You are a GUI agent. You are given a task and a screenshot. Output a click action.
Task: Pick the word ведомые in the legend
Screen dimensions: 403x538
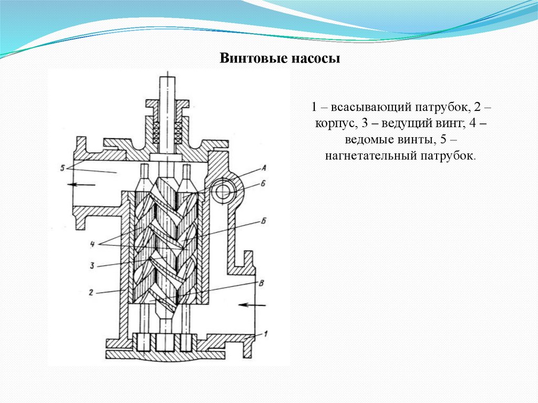(x=367, y=140)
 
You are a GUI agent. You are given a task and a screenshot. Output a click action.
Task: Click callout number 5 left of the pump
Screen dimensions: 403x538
(x=62, y=168)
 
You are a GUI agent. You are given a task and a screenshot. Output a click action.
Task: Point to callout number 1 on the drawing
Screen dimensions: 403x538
(x=266, y=333)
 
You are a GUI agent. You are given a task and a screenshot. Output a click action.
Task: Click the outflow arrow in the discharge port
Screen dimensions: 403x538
(x=80, y=184)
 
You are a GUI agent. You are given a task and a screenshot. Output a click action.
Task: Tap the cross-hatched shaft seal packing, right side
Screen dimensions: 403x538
(x=179, y=131)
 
